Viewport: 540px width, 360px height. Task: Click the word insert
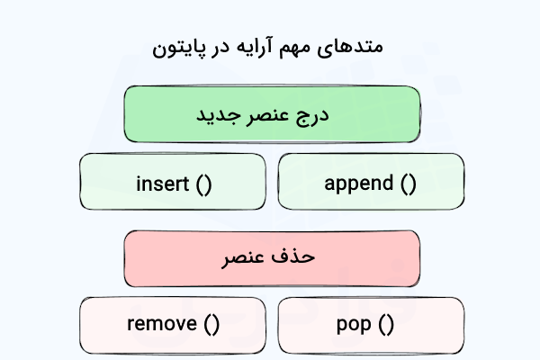[x=162, y=184]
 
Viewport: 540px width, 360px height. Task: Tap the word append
[x=358, y=184]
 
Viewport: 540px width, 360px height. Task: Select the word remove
[x=161, y=324]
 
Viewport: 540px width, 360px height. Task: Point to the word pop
[x=354, y=324]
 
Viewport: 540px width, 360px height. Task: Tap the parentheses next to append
[x=408, y=184]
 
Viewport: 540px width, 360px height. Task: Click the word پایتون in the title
[x=177, y=46]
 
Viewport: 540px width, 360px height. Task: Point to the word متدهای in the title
[x=361, y=46]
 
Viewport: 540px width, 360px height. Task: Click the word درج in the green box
[x=315, y=116]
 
